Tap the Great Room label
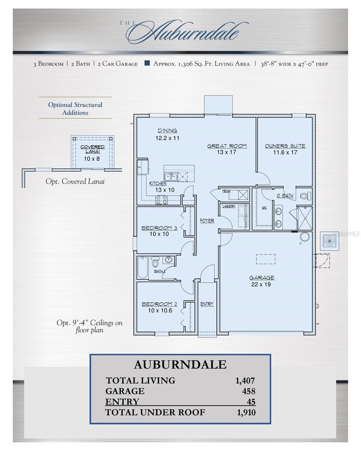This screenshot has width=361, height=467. [x=227, y=146]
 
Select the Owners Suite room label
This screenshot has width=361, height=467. [x=285, y=146]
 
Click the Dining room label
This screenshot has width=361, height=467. [x=167, y=131]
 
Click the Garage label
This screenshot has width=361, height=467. [x=262, y=277]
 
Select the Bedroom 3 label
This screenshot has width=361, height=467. [x=159, y=228]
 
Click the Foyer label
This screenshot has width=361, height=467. [x=207, y=221]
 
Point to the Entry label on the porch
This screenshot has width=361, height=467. [x=207, y=304]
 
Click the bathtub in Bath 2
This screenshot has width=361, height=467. [x=143, y=267]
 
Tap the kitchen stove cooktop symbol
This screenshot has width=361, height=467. [x=162, y=200]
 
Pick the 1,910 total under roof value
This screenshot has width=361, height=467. [x=246, y=413]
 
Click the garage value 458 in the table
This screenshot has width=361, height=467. [x=248, y=391]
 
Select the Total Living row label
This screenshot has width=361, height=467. [x=140, y=381]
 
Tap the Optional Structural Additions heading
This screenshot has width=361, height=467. [x=75, y=109]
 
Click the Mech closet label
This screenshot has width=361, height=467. [x=226, y=191]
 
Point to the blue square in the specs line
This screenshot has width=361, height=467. [x=147, y=63]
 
